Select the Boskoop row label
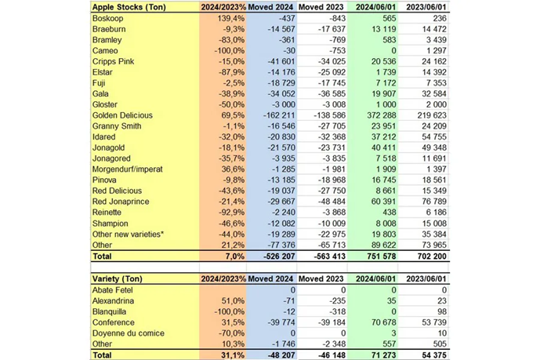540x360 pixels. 111,18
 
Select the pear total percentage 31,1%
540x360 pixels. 230,354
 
